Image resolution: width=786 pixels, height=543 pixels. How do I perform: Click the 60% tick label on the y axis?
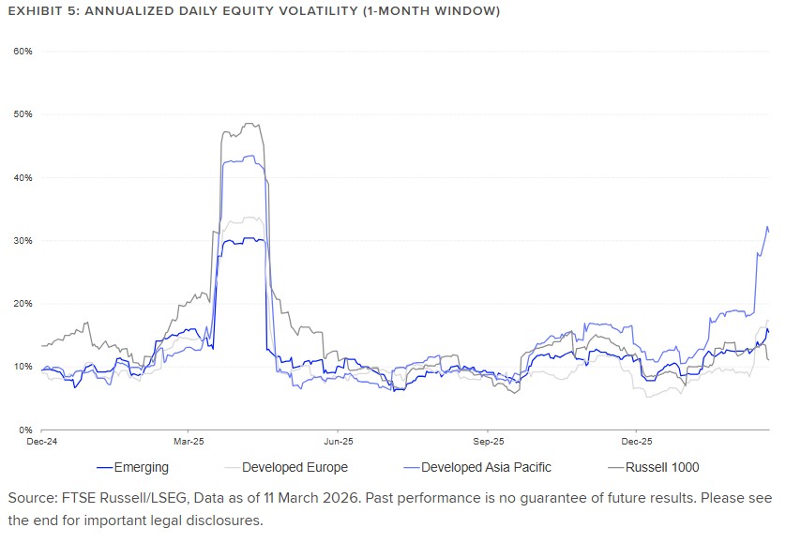(23, 51)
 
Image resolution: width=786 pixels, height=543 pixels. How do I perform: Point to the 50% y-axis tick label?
(23, 114)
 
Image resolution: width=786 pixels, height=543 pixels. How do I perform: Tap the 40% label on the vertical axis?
(23, 177)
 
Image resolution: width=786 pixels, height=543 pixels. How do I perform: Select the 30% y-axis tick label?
(23, 241)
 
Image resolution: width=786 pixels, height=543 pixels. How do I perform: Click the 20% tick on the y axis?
(23, 304)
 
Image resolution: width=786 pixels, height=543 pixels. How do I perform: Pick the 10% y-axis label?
(23, 367)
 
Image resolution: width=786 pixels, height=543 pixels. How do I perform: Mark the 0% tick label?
(26, 430)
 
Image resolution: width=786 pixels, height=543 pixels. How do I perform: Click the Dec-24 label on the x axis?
(41, 440)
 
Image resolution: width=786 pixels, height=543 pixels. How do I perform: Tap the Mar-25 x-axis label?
(189, 440)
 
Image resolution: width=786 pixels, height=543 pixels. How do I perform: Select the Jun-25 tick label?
(338, 440)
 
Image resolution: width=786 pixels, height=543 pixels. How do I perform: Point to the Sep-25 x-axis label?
(488, 440)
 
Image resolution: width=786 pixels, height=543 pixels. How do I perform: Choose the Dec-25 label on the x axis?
(636, 440)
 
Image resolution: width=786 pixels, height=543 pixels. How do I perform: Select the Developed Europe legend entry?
(295, 467)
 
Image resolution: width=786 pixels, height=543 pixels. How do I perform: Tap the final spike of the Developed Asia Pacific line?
(767, 228)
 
